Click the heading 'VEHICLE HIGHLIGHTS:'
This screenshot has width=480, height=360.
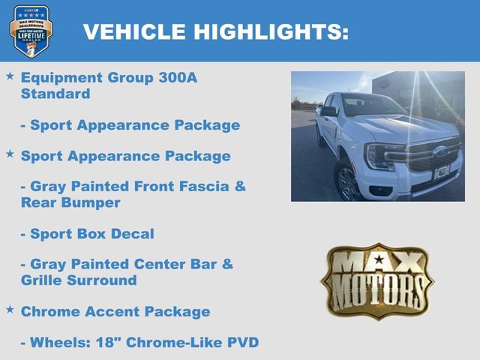coord(215,31)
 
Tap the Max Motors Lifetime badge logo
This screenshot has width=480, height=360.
coord(31,31)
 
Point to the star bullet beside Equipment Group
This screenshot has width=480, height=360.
coord(10,76)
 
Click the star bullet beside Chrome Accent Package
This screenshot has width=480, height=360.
coord(10,309)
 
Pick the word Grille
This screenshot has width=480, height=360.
coord(41,280)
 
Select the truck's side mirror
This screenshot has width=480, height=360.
coord(328,111)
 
